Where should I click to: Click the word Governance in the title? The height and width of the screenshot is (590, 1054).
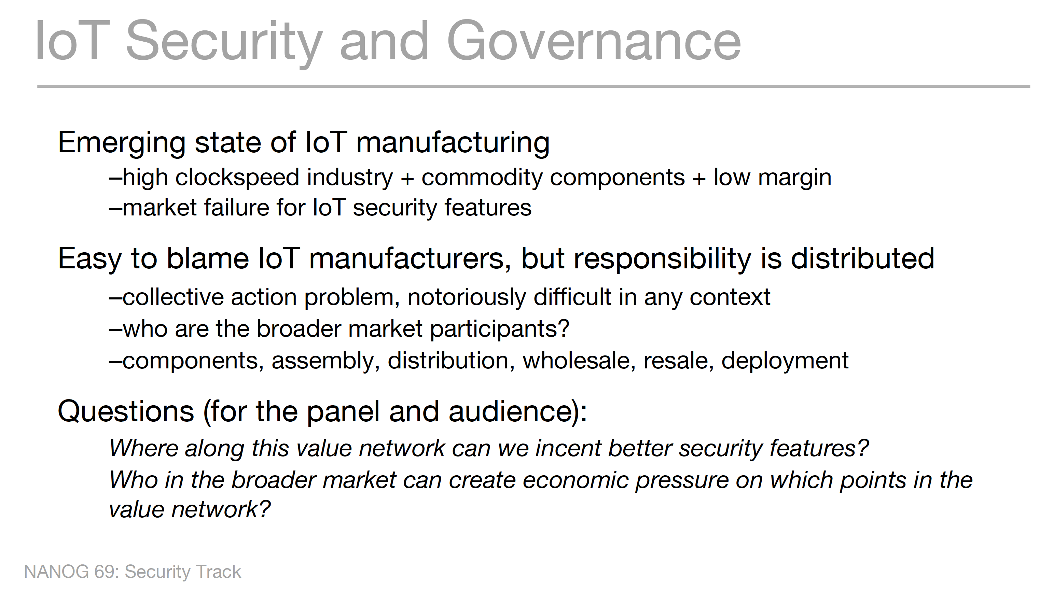click(594, 41)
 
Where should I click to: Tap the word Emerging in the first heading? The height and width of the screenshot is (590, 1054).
click(122, 143)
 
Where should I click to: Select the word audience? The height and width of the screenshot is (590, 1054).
click(511, 411)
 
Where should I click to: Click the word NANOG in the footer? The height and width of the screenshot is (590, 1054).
click(56, 572)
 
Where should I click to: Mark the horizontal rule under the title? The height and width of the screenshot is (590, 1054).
click(533, 86)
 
